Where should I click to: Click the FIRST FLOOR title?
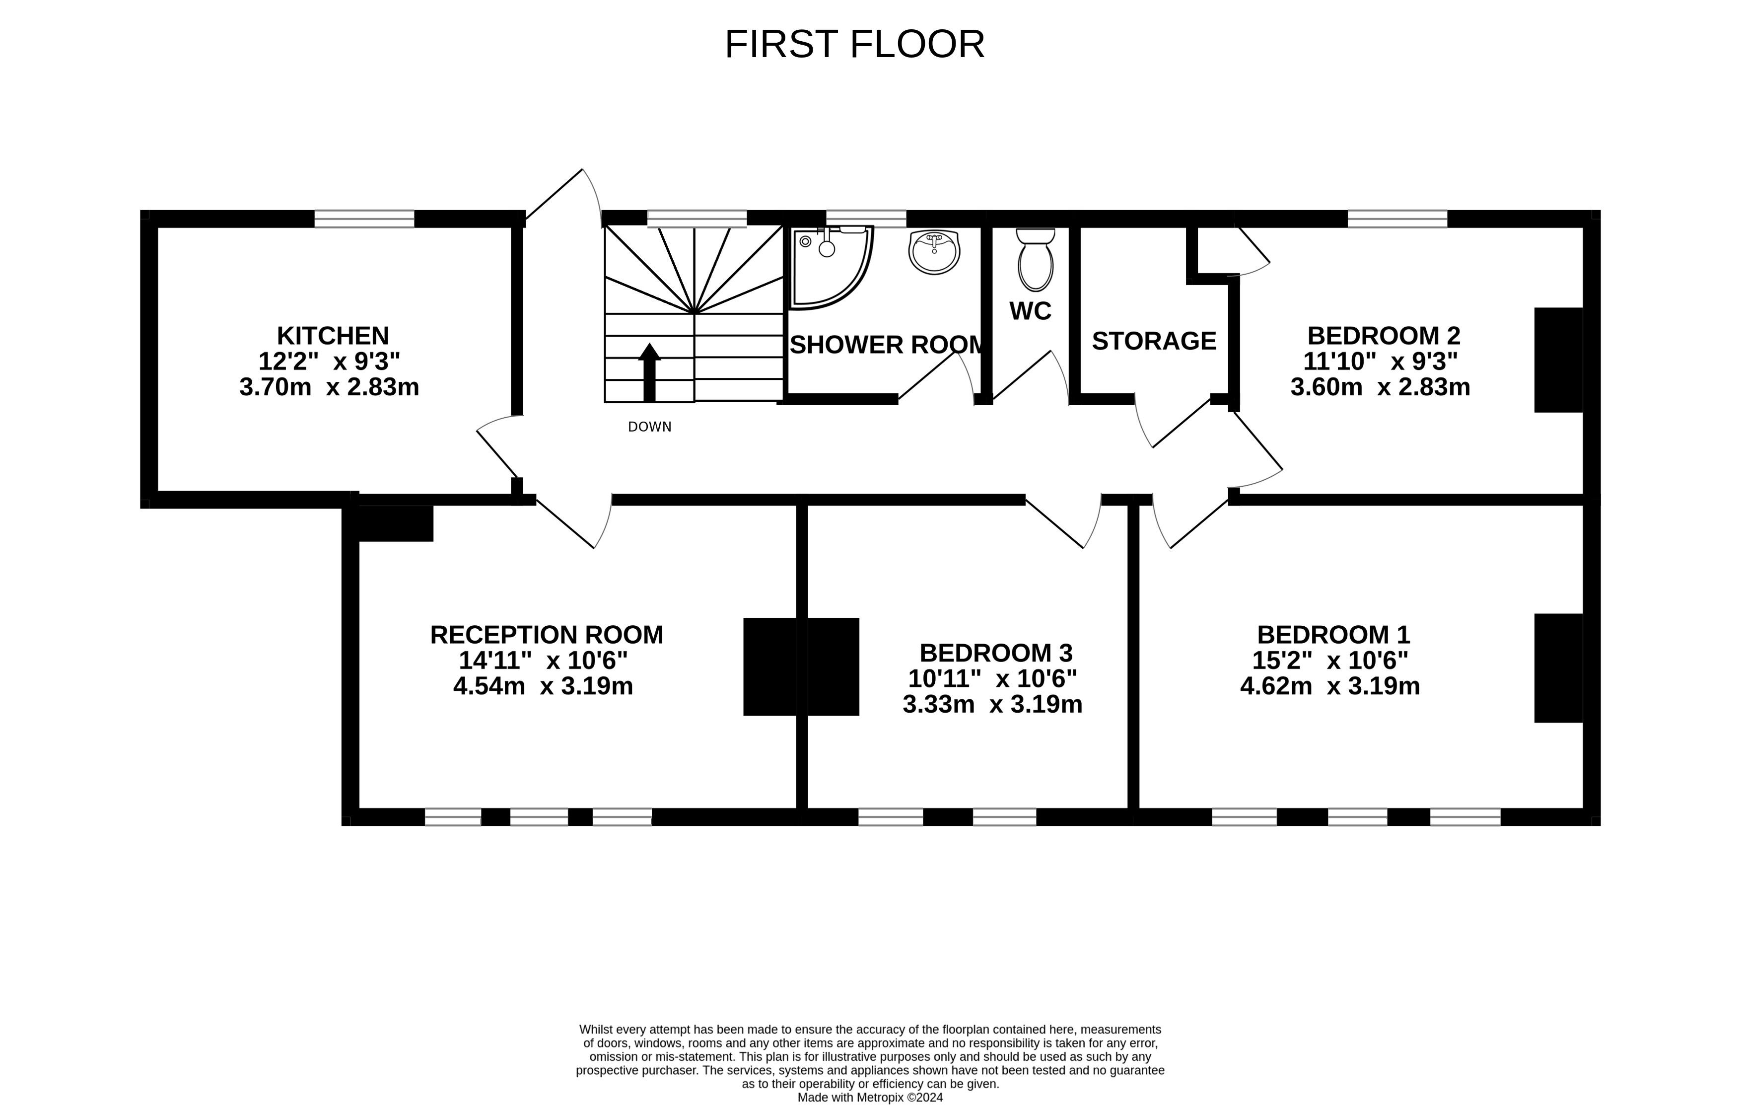[x=854, y=45]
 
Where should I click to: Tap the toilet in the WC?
[x=1036, y=259]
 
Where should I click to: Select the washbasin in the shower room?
[x=934, y=252]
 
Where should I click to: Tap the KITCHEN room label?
[x=333, y=336]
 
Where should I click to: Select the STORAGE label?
[x=1154, y=341]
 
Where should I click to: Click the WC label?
[x=1030, y=311]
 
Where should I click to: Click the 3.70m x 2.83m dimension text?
[x=329, y=387]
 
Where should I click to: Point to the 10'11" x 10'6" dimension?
[x=993, y=678]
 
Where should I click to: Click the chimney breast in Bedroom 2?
[x=1559, y=360]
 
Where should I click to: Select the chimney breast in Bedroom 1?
[x=1559, y=668]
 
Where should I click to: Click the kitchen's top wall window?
[x=364, y=219]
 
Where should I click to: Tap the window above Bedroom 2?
[x=1397, y=219]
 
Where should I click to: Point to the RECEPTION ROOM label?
[x=547, y=635]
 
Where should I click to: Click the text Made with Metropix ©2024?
[x=870, y=1097]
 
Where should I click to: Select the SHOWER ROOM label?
[x=887, y=345]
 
